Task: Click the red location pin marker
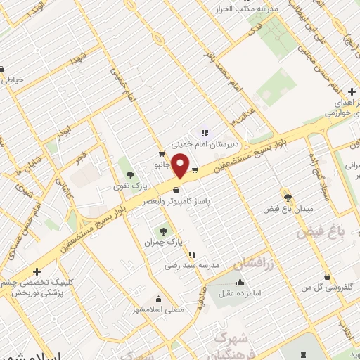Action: (x=181, y=167)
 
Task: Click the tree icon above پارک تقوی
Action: (x=128, y=174)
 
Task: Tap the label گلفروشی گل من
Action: (x=326, y=288)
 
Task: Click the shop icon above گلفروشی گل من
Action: (x=327, y=276)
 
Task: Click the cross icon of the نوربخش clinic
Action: (x=37, y=271)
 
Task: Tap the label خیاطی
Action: (x=15, y=80)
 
